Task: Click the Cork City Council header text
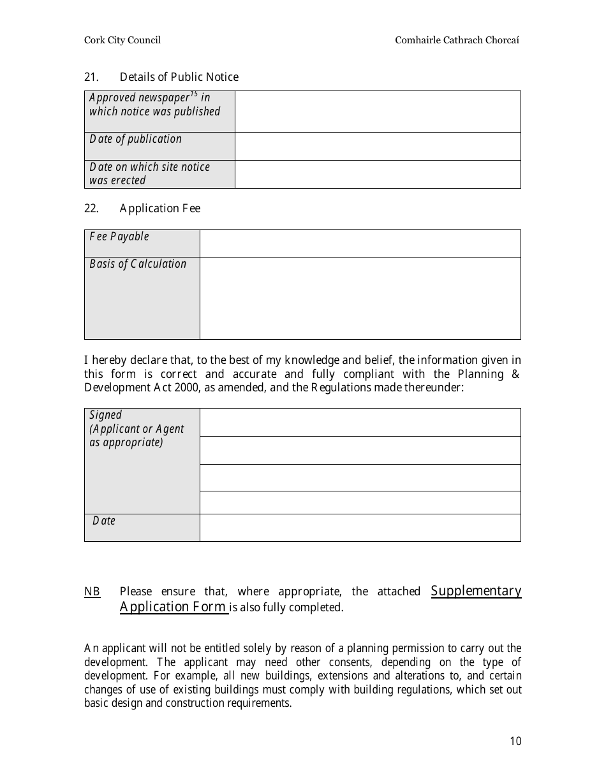(122, 40)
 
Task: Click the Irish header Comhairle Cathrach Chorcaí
(457, 40)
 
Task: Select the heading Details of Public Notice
(179, 77)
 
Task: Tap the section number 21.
(91, 77)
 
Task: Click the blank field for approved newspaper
(378, 112)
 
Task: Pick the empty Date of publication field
(378, 146)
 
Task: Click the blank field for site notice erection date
(378, 174)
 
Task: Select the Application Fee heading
(159, 208)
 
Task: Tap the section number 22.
(91, 208)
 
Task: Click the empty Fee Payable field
(360, 243)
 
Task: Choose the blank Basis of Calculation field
(360, 298)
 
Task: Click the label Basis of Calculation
(138, 264)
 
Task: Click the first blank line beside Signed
(360, 422)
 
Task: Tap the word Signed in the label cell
(105, 415)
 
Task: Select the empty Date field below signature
(360, 528)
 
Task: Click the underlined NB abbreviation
(92, 592)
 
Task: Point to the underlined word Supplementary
(476, 591)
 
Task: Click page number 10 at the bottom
(515, 741)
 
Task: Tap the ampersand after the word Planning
(516, 374)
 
